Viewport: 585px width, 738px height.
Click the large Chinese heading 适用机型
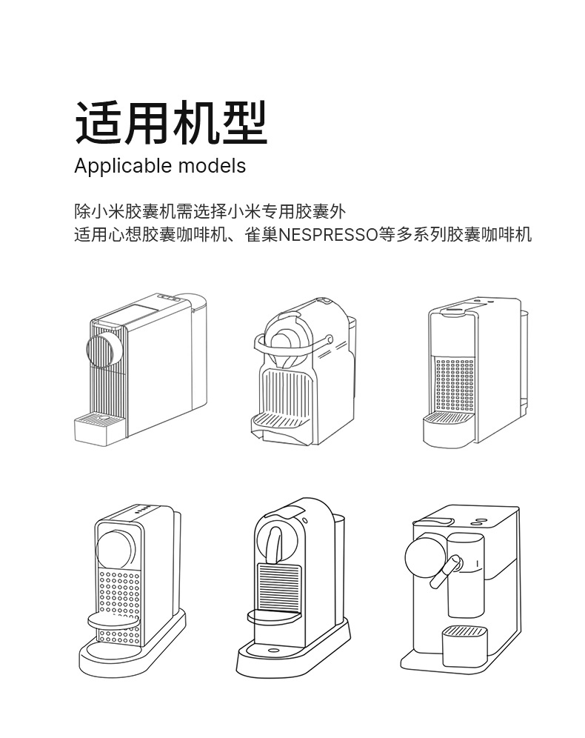pyautogui.click(x=170, y=124)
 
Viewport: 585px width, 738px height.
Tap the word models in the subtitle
pyautogui.click(x=212, y=165)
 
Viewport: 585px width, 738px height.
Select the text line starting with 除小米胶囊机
pyautogui.click(x=210, y=211)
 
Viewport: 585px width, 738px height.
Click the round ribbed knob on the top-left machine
pyautogui.click(x=101, y=349)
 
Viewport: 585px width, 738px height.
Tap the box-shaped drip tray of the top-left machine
pyautogui.click(x=97, y=428)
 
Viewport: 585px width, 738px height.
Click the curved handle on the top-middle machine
pyautogui.click(x=292, y=344)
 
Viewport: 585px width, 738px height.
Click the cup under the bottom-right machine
pyautogui.click(x=464, y=642)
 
